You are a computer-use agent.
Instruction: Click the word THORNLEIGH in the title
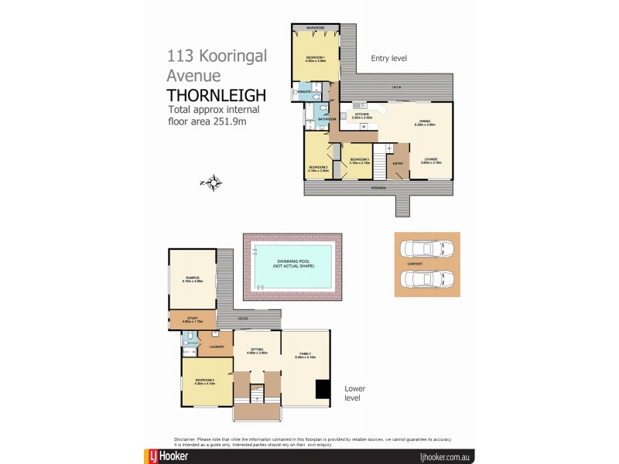point(217,95)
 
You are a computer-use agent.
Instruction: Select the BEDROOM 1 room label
point(316,58)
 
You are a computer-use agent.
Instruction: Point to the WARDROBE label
point(316,28)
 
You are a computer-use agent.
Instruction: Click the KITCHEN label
point(362,115)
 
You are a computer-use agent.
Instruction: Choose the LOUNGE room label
point(431,160)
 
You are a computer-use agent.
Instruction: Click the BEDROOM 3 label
point(358,161)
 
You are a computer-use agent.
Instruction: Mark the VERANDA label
point(379,187)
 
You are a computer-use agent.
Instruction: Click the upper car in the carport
point(426,249)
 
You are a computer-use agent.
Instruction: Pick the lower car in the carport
point(426,279)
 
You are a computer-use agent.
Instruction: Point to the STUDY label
point(193,319)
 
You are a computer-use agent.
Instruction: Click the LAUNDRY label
point(217,346)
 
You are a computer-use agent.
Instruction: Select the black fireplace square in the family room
point(322,391)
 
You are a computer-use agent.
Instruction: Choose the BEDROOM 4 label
point(205,380)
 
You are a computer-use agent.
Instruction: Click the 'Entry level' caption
point(388,58)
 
